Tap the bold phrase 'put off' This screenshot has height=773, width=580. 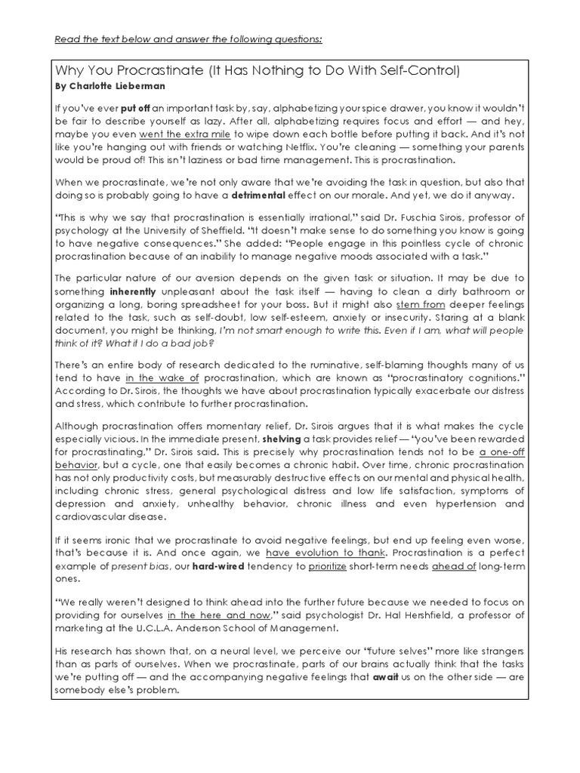pos(134,108)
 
